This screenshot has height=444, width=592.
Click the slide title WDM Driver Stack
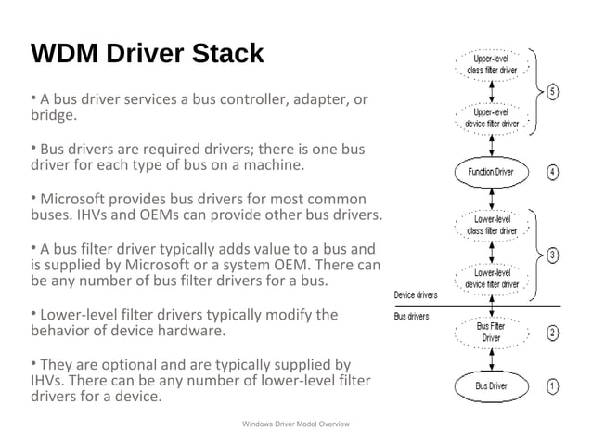pos(148,54)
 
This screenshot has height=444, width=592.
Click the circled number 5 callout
pos(552,92)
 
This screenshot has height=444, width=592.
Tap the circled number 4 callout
pos(552,172)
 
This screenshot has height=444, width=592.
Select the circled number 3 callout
pos(552,254)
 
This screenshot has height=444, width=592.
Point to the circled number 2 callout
pos(552,333)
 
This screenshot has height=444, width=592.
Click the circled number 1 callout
pos(552,385)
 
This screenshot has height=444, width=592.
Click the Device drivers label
pos(417,295)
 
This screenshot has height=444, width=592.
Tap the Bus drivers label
pos(412,317)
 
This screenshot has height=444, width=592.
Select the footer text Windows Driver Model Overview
pos(294,424)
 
